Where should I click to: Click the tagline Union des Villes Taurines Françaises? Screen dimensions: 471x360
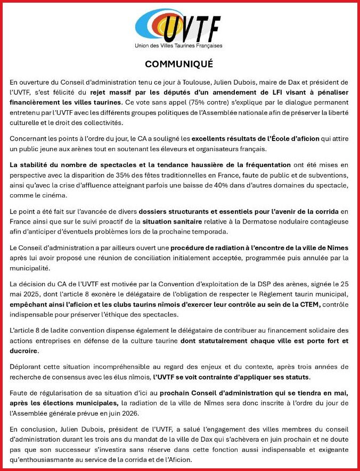click(x=179, y=46)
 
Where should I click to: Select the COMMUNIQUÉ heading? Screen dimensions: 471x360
click(x=179, y=64)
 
